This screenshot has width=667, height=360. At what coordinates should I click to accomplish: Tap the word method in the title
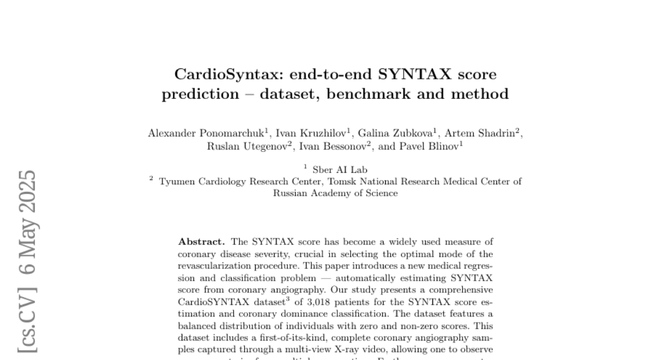point(481,94)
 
